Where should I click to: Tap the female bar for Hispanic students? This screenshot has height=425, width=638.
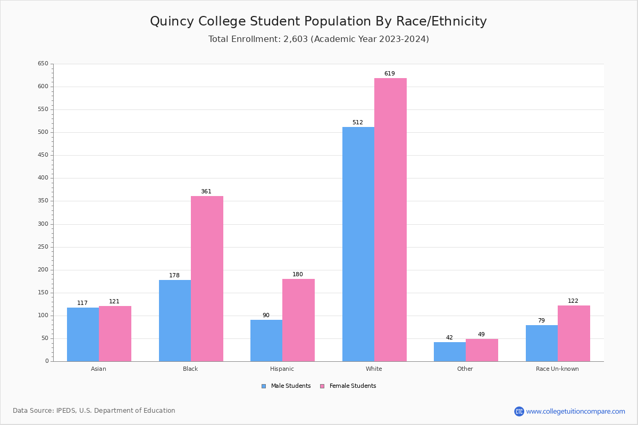point(298,320)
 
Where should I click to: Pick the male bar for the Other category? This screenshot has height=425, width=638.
point(450,352)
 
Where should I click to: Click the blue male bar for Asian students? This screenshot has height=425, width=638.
point(83,334)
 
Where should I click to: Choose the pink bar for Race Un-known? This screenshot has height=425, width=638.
point(574,333)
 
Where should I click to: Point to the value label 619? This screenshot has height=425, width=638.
point(390,74)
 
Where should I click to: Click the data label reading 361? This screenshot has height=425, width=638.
point(206,192)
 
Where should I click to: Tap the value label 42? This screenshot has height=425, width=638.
point(449,338)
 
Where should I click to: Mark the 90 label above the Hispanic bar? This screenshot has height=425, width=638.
point(266,316)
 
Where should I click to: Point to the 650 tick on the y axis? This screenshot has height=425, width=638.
point(43,64)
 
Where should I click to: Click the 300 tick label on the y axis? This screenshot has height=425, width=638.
point(43,224)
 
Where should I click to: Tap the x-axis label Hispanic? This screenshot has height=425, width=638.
point(282,369)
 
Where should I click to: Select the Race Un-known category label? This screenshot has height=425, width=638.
point(557,369)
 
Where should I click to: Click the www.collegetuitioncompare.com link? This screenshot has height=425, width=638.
point(575,412)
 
